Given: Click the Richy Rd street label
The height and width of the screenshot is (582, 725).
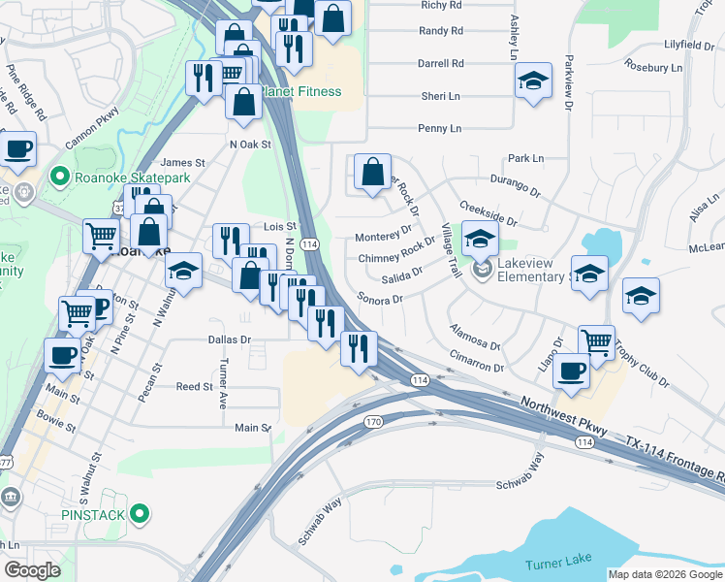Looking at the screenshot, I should pos(441,5).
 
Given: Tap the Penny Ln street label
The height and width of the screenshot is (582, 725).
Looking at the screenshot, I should pos(439,128).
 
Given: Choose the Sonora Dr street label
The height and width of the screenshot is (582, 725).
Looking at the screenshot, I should pos(379,299).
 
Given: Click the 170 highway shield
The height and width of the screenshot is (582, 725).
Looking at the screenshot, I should pos(373,422).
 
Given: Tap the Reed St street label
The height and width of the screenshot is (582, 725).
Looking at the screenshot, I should pos(194,387).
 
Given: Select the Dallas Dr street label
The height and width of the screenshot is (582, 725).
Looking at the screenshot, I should pos(230,340).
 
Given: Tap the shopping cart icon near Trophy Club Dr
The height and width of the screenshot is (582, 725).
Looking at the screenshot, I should pos(596,341).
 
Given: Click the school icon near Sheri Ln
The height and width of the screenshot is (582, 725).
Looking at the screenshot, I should pos(533,81).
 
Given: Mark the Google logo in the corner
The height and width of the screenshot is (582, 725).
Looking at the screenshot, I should pos(33,570).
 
